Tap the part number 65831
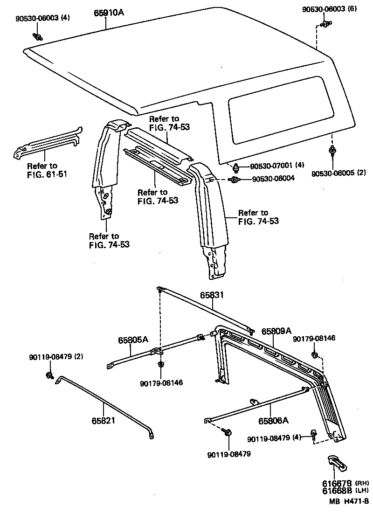(213, 295)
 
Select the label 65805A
(133, 340)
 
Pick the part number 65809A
(276, 331)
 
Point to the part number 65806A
(273, 420)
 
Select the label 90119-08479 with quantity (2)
(56, 357)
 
